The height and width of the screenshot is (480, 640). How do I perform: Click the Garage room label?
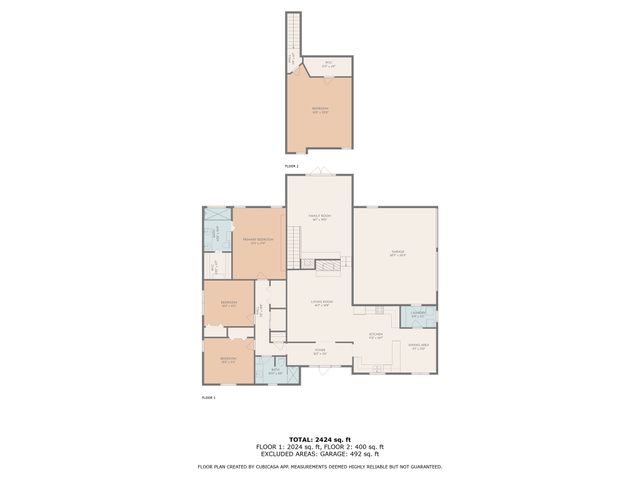(x=395, y=254)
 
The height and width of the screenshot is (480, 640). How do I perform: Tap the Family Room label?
(x=319, y=218)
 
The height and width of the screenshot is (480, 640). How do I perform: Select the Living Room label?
(x=320, y=303)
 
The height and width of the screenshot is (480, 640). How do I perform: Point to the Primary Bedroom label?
(x=258, y=241)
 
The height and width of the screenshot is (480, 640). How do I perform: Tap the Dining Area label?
(x=419, y=347)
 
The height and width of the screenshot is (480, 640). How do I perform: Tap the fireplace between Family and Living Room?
(x=328, y=266)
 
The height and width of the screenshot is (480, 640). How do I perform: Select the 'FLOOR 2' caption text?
(x=291, y=166)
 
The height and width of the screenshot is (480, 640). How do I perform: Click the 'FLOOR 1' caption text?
(x=208, y=397)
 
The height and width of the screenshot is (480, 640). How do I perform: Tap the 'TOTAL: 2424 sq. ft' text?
(x=319, y=439)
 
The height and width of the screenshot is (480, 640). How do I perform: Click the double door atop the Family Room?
(x=318, y=172)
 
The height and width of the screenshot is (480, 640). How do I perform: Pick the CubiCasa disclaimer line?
(x=319, y=466)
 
